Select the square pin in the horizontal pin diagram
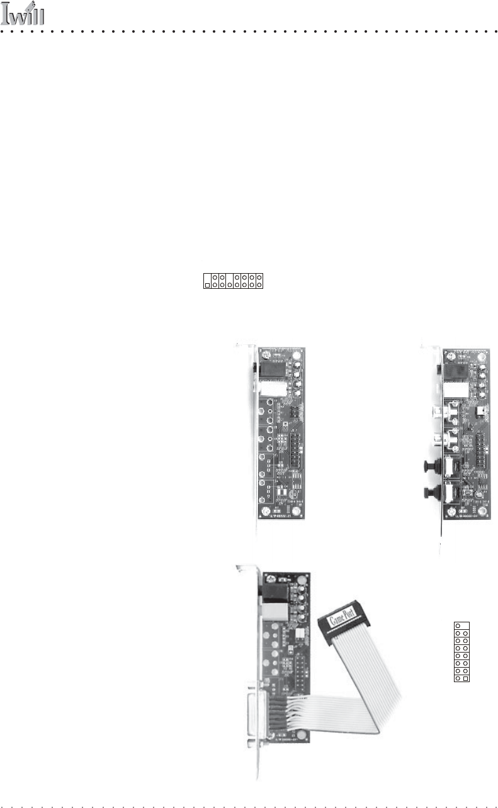tap(207, 284)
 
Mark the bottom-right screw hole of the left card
tap(303, 512)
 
